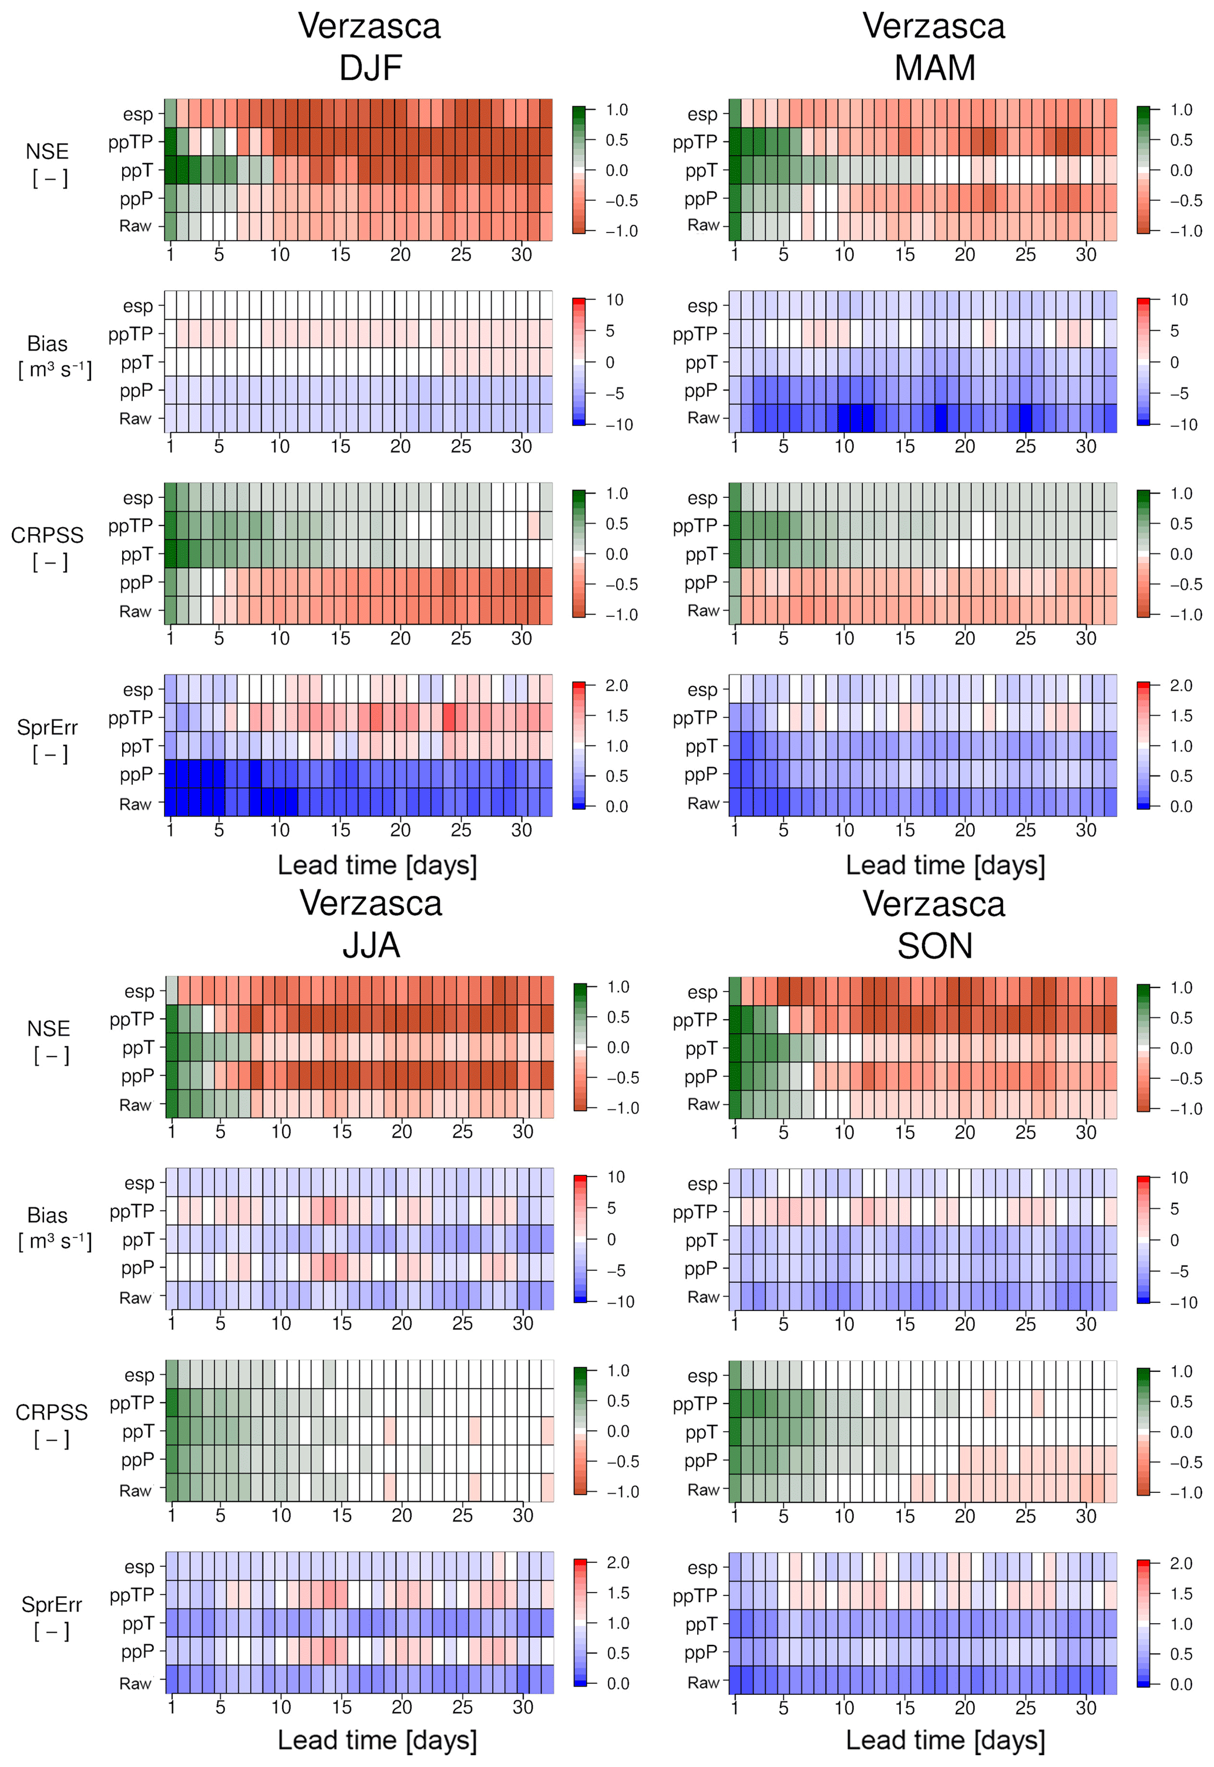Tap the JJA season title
371,945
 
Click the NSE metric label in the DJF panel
47,151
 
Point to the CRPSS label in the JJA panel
51,1412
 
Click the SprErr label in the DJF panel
47,727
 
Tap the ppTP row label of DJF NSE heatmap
131,142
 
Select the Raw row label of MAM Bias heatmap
703,418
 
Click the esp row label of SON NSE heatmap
702,992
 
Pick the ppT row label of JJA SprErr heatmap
137,1623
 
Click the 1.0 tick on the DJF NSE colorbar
617,110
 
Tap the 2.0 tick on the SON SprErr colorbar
1181,1563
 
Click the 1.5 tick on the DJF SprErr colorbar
617,716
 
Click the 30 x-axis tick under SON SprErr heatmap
1085,1708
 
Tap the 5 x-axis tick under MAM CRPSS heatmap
783,638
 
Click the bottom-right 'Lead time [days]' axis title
945,1739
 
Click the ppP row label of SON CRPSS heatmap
701,1460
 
